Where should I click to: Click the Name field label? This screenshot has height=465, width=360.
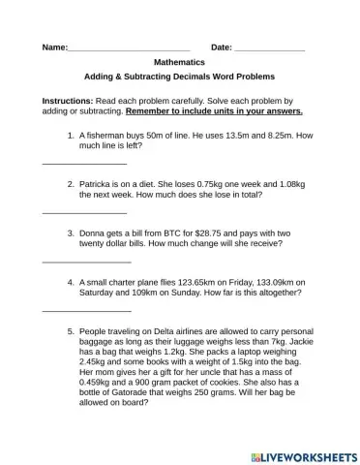tap(55, 47)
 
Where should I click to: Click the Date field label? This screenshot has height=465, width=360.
tap(222, 47)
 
